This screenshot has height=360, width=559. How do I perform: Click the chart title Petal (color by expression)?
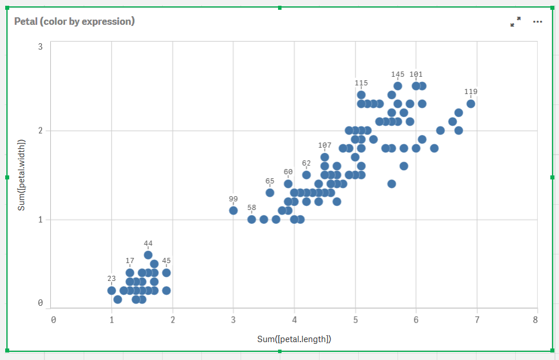pos(74,21)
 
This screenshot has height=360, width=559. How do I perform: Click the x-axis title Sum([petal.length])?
pos(294,339)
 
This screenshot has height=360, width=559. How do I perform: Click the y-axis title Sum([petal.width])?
pos(22,174)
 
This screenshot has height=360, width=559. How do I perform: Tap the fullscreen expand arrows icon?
pos(515,22)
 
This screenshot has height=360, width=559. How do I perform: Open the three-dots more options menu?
pos(538,22)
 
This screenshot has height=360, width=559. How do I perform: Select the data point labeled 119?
pos(471,104)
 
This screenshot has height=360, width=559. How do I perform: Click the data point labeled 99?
pos(233,211)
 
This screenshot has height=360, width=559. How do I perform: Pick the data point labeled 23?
pos(111,291)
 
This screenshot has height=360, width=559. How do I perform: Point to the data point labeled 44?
pos(148,255)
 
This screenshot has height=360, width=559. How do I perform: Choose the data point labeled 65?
pos(270,193)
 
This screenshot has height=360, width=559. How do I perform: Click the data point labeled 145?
pos(397,87)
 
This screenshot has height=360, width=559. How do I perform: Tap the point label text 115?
pos(361,83)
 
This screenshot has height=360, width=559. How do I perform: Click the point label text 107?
pos(325,145)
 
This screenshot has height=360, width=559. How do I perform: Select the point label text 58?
pos(252,207)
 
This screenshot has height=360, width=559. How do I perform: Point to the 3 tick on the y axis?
pos(41,47)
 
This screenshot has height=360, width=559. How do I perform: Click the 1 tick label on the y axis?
pos(41,219)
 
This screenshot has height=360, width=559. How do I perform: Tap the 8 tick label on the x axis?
pos(536,319)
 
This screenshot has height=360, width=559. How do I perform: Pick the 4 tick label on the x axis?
pos(294,319)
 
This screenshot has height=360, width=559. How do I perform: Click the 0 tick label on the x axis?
pos(54,319)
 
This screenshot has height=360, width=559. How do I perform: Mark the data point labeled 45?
pos(166,273)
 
